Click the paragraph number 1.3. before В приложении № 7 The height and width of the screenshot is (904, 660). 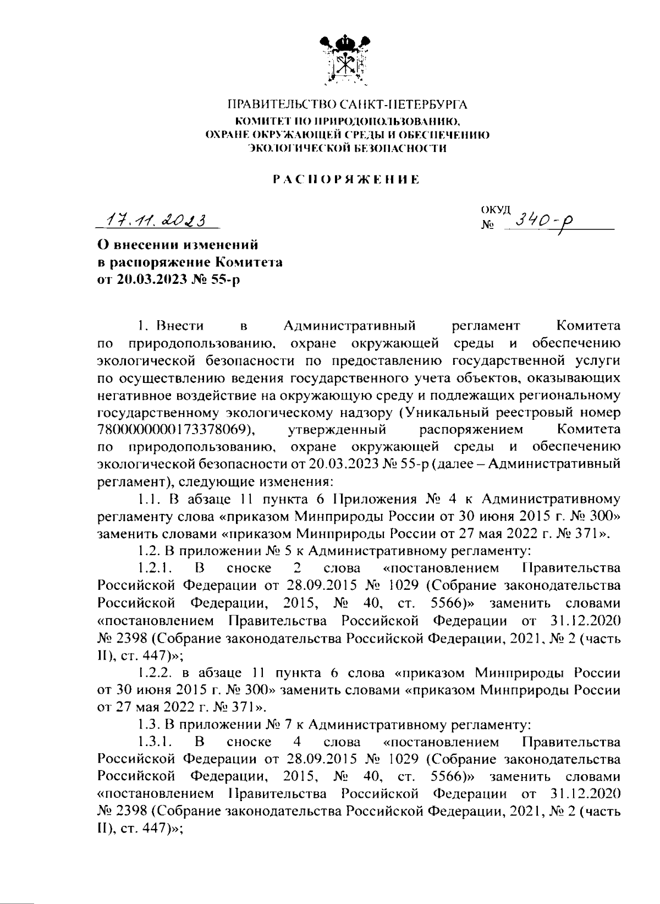[x=146, y=725]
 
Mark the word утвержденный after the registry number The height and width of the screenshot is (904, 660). [x=337, y=429]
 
